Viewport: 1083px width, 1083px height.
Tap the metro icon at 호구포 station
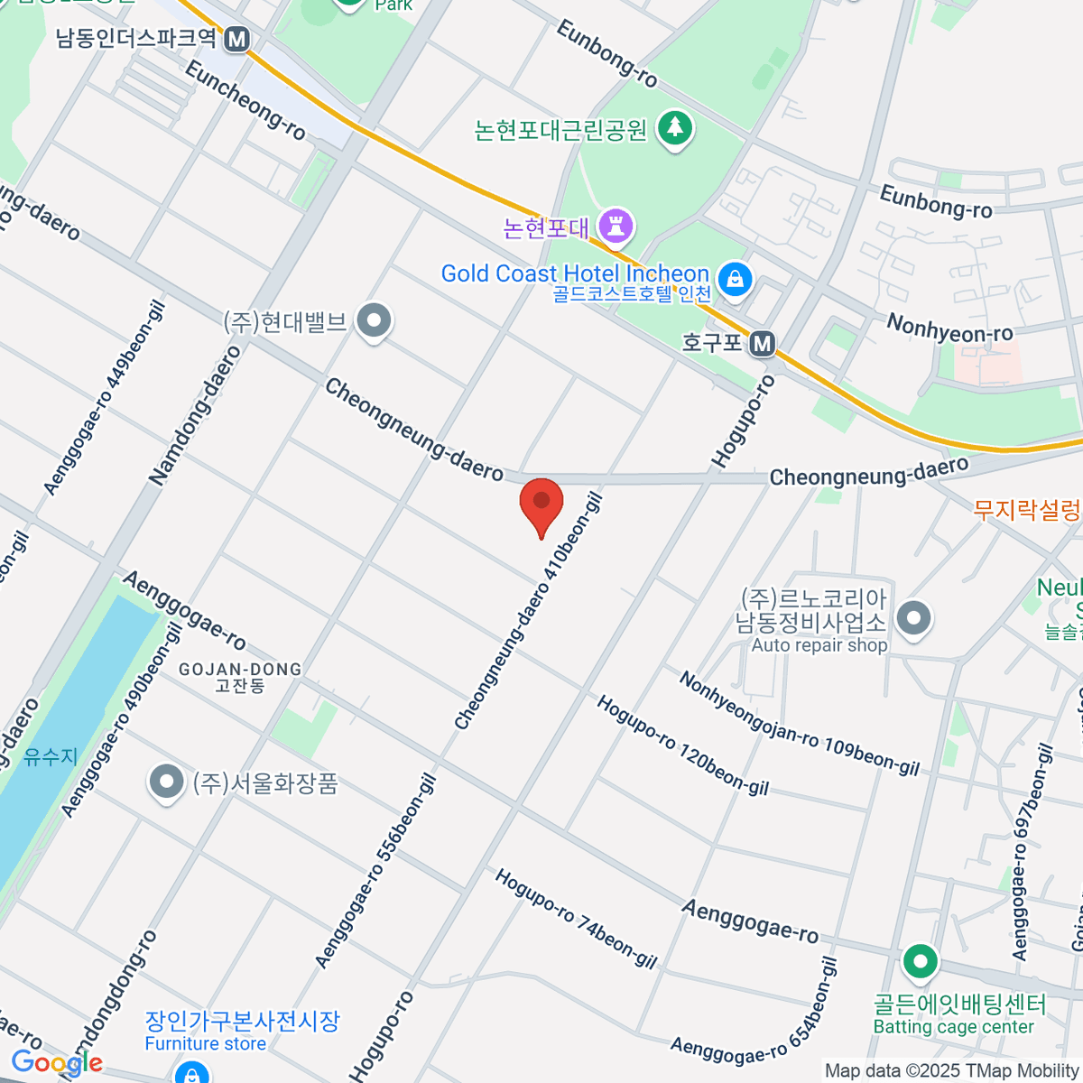(763, 343)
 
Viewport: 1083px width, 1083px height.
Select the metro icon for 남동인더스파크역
(237, 39)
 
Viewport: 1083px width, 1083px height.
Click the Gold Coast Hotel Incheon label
(575, 273)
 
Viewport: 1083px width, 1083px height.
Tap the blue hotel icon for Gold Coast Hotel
(736, 277)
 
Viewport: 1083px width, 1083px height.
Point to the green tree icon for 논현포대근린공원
(674, 128)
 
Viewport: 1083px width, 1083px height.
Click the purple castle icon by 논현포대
(617, 227)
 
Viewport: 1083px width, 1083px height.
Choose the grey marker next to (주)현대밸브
(373, 320)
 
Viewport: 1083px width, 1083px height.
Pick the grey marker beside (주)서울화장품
(166, 782)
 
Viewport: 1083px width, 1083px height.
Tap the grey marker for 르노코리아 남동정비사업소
(915, 619)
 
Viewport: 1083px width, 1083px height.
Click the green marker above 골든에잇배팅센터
(920, 962)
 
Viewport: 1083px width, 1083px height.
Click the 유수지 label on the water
(51, 756)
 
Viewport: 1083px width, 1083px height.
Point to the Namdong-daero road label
(196, 416)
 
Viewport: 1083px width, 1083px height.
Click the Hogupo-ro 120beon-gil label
(682, 745)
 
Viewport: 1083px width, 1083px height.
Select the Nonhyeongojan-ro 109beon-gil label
(799, 724)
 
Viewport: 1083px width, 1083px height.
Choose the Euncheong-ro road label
(245, 99)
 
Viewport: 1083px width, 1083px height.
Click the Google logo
(57, 1063)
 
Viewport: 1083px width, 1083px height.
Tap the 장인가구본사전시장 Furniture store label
(242, 1031)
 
